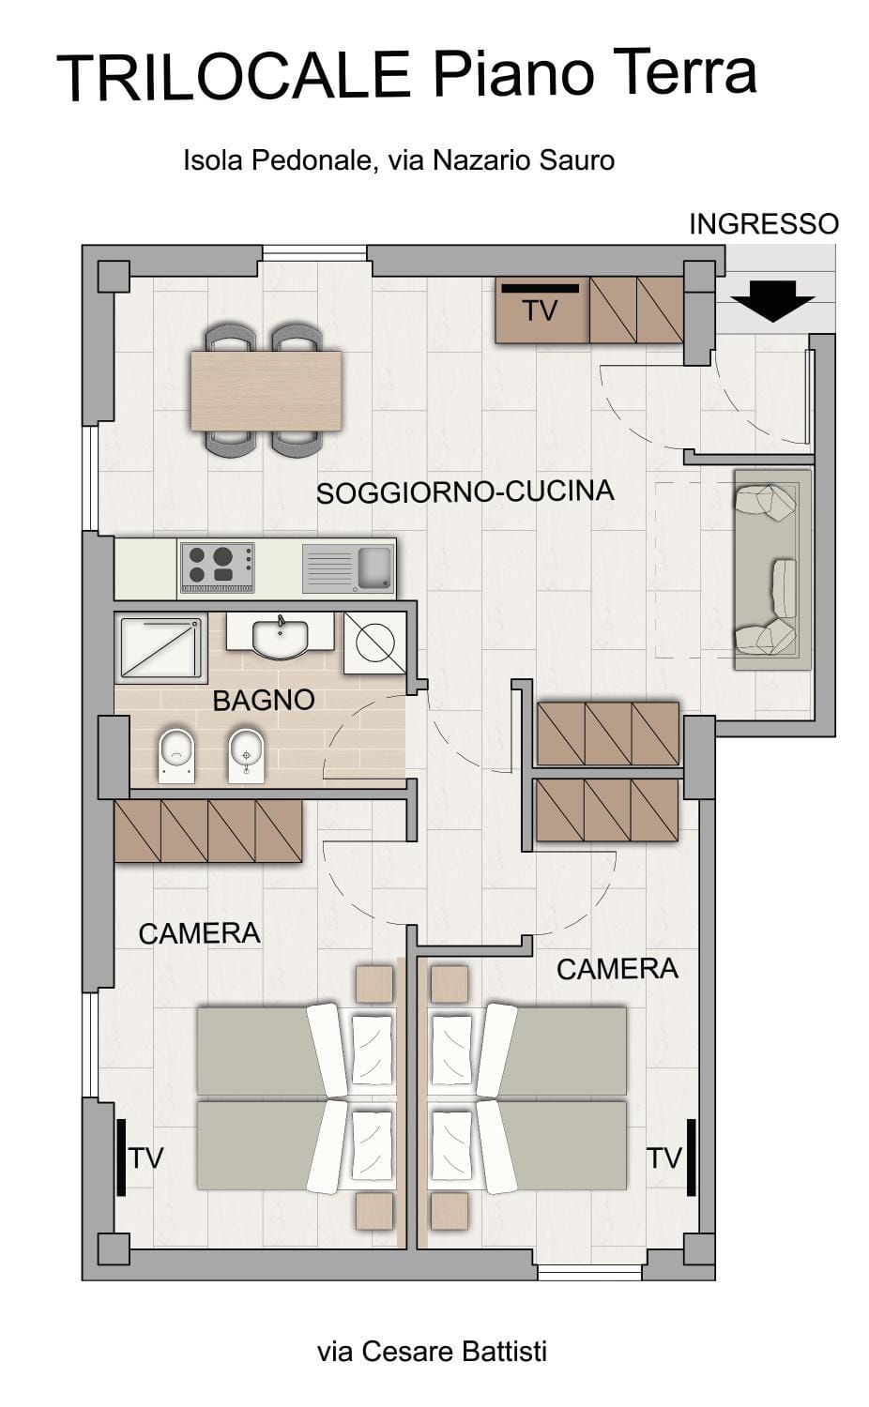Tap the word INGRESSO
pyautogui.click(x=763, y=224)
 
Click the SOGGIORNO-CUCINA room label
pyautogui.click(x=465, y=492)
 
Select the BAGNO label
pyautogui.click(x=263, y=700)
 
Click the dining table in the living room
pyautogui.click(x=266, y=390)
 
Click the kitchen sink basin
pyautogui.click(x=374, y=566)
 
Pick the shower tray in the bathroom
pyautogui.click(x=160, y=646)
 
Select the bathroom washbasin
pyautogui.click(x=280, y=637)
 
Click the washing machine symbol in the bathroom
pyautogui.click(x=374, y=643)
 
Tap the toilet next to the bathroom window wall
pyautogui.click(x=175, y=755)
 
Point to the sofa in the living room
pyautogui.click(x=771, y=569)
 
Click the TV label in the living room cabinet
pyautogui.click(x=540, y=311)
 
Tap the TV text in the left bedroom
pyautogui.click(x=145, y=1158)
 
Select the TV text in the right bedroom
pyautogui.click(x=663, y=1158)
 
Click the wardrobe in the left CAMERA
pyautogui.click(x=207, y=831)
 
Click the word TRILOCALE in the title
pyautogui.click(x=235, y=78)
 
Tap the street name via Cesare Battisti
pyautogui.click(x=432, y=1352)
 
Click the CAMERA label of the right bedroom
pyautogui.click(x=617, y=969)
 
